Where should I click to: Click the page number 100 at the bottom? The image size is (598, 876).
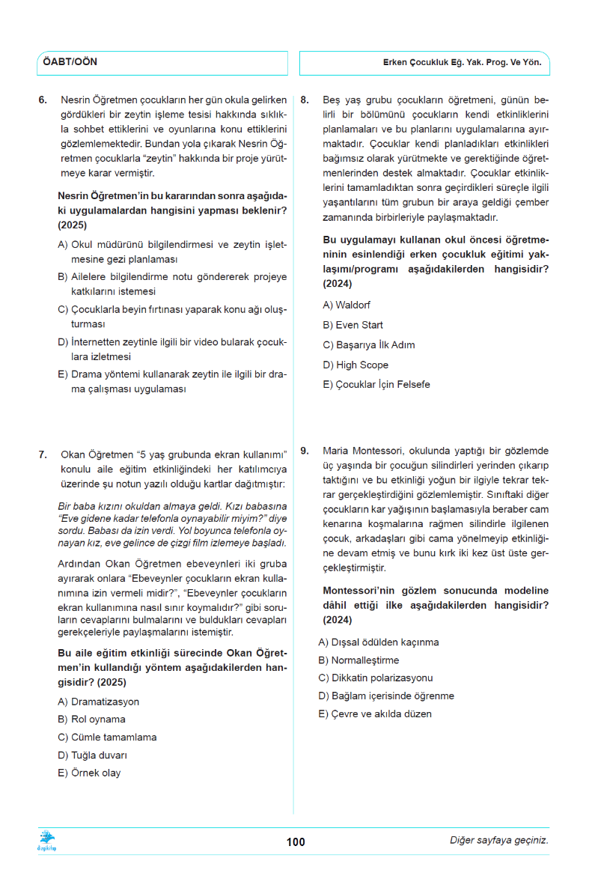point(296,842)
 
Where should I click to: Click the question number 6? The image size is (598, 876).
point(43,100)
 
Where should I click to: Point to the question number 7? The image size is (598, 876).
point(43,454)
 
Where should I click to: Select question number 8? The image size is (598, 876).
point(305,100)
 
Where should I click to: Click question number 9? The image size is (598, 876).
point(305,451)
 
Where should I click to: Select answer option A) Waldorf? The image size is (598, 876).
point(347,305)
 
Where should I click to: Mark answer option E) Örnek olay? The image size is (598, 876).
point(89,773)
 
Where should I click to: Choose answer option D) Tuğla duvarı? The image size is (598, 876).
point(92,755)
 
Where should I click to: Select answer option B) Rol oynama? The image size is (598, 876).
point(91,720)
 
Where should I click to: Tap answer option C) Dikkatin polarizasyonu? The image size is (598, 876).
point(376,678)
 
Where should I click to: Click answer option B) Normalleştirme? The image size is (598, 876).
point(359,660)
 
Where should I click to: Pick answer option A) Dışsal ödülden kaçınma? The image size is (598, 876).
point(379,642)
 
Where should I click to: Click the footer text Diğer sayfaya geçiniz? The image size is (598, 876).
point(498,840)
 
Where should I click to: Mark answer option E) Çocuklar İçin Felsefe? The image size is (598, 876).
point(376,385)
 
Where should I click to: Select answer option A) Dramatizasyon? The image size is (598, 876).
point(98,702)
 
